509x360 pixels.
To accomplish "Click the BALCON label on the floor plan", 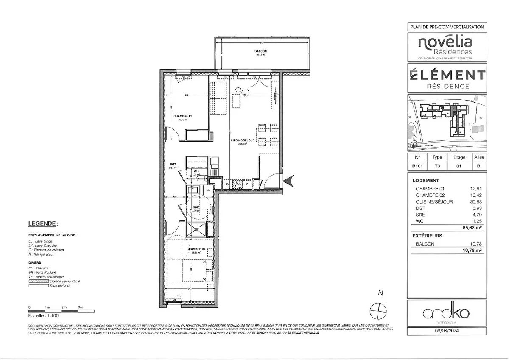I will [258, 51].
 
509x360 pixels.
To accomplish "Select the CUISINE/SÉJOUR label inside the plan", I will [243, 140].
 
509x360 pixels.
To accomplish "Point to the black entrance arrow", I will [288, 181].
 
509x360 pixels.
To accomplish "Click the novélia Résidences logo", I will [445, 46].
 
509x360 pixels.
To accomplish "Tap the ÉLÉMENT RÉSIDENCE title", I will [447, 78].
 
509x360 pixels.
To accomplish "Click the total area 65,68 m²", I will [472, 227].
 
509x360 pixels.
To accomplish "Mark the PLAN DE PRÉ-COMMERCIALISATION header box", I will [447, 27].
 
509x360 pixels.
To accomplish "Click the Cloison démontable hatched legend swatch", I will [38, 281].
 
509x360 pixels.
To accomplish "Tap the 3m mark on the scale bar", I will [81, 307].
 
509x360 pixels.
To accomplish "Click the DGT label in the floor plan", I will [173, 164].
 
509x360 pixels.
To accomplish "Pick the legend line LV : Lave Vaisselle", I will [42, 246].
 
